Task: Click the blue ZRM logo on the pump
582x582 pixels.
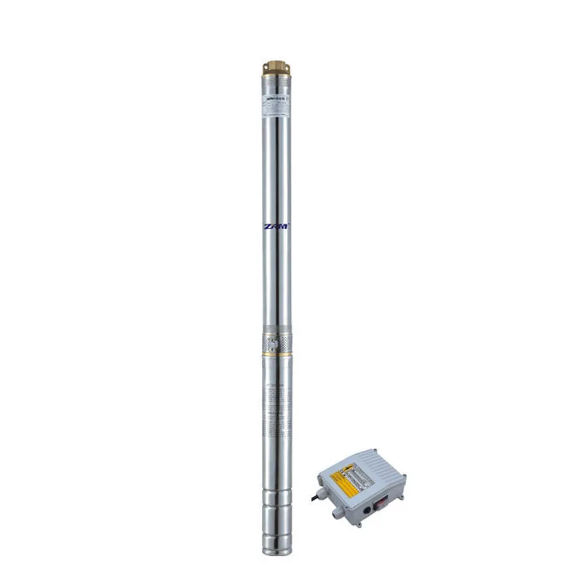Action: (276, 226)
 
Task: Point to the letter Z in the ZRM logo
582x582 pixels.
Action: (268, 226)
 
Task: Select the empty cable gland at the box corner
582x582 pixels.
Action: (337, 514)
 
